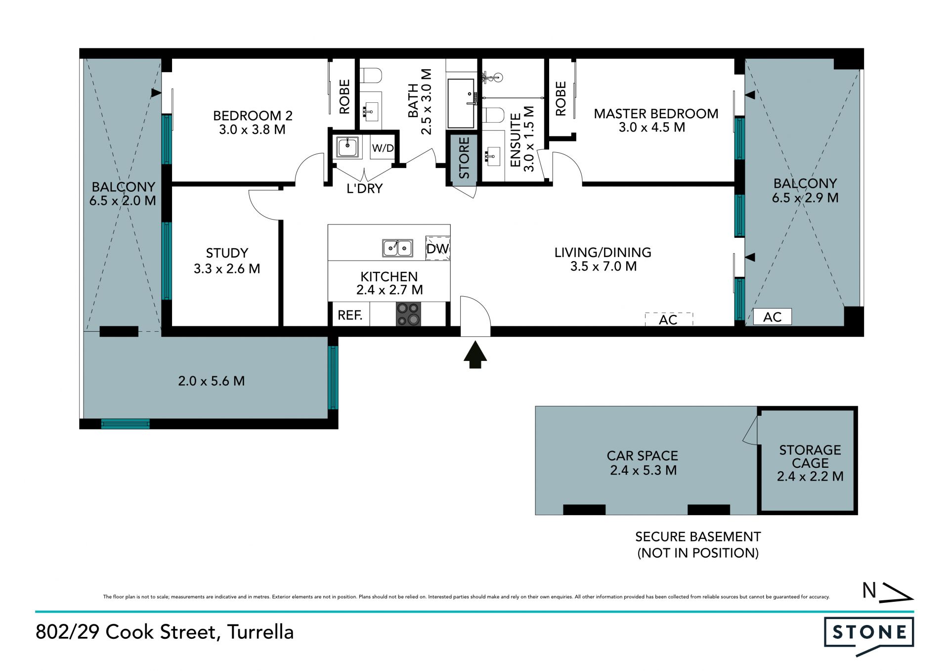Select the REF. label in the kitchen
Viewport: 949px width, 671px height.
tap(350, 315)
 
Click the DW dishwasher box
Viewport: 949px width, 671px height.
tap(438, 248)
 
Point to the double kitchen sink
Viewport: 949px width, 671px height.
tap(397, 248)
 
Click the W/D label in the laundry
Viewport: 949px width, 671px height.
tap(383, 148)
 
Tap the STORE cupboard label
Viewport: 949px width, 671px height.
tap(464, 158)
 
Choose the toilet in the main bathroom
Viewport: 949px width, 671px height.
tap(371, 76)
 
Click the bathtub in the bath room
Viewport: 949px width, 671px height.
tap(461, 103)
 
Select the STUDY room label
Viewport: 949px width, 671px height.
tap(227, 253)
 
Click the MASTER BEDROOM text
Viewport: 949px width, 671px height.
tap(656, 114)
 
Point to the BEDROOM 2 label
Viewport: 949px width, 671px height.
tap(253, 116)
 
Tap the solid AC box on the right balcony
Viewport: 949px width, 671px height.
tap(772, 316)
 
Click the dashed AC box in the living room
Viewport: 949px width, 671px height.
tap(669, 319)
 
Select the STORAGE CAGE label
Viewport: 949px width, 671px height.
tap(810, 456)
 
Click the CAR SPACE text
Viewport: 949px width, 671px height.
tap(642, 455)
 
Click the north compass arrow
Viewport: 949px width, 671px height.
tap(898, 592)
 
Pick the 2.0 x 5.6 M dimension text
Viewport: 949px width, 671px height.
tap(211, 381)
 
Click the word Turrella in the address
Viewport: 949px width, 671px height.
tap(260, 632)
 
